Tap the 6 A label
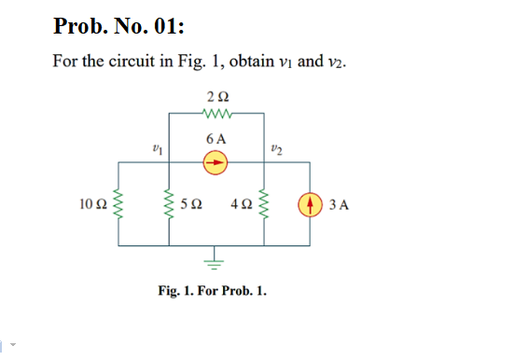click(216, 138)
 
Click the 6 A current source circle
click(216, 160)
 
